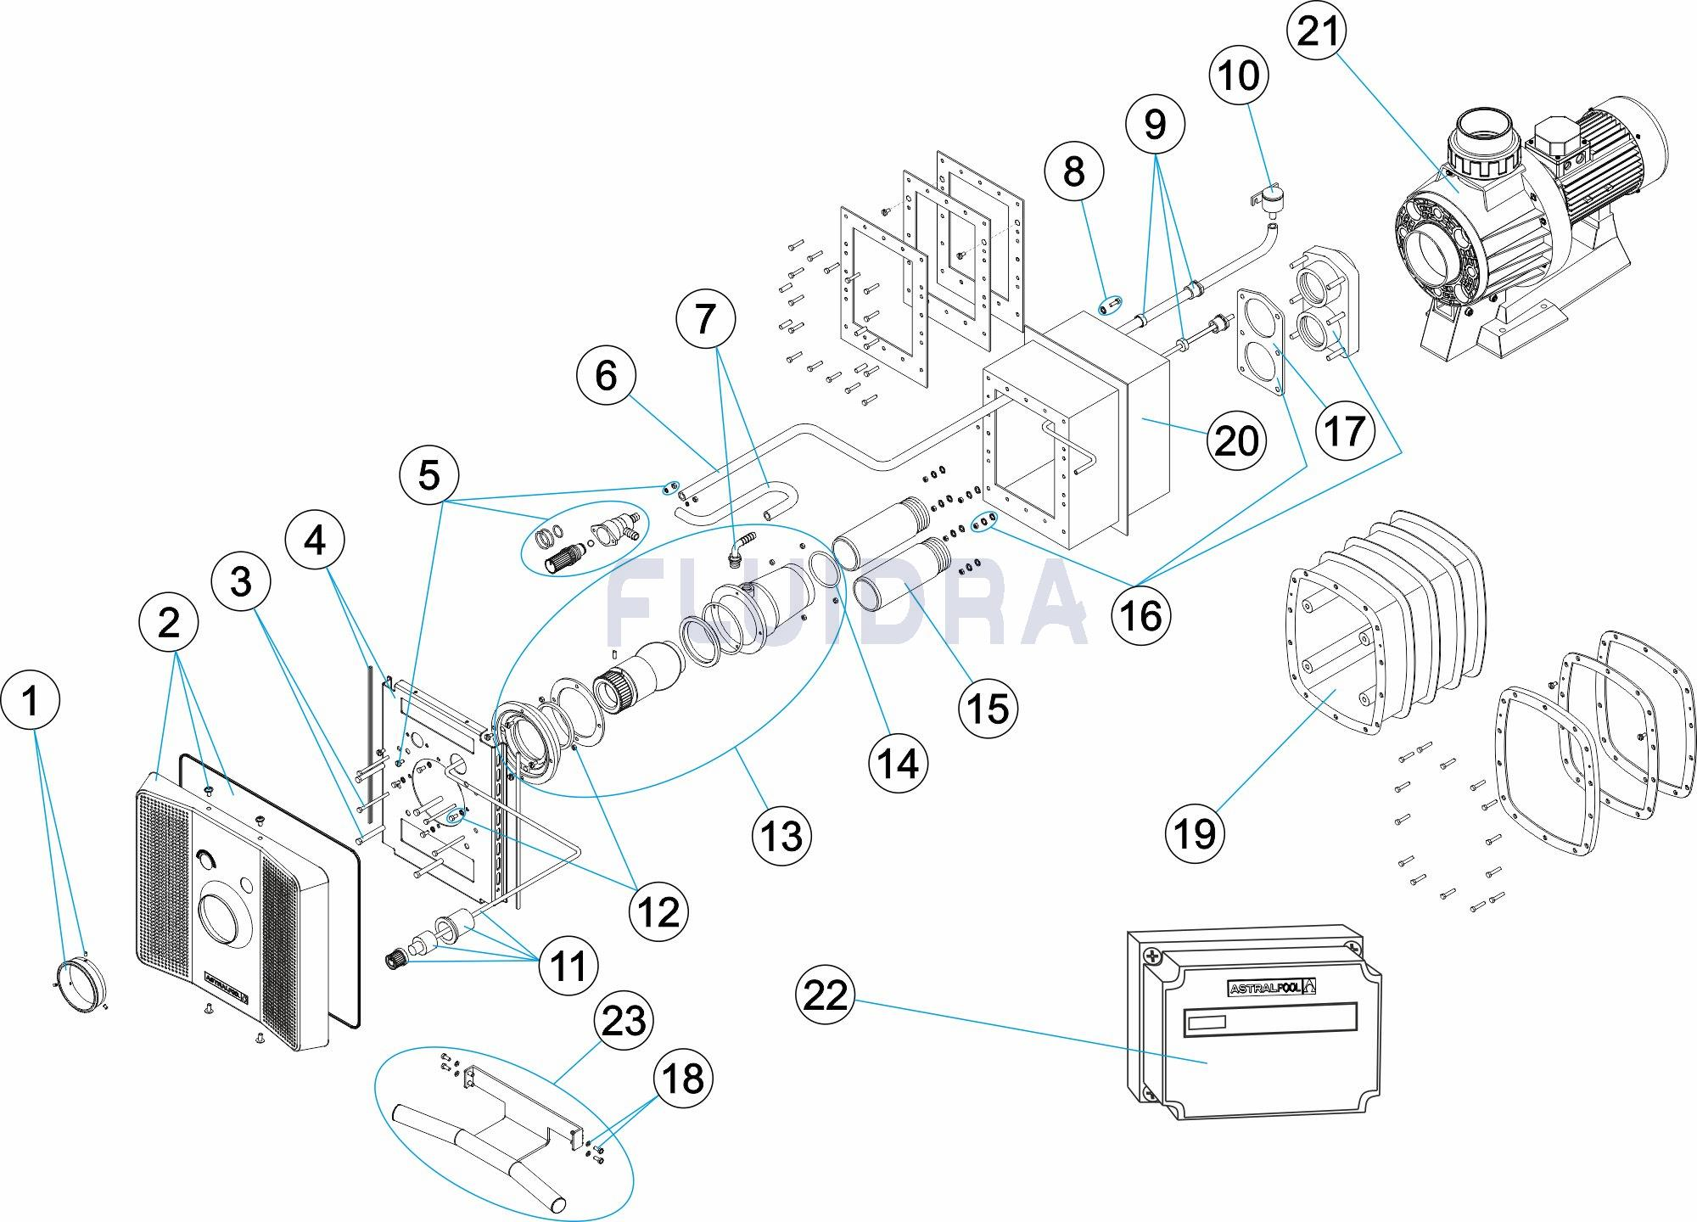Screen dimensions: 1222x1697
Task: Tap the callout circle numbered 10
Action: tap(1239, 76)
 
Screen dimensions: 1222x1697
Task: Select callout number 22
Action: tap(826, 994)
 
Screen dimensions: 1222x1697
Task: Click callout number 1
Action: tap(31, 703)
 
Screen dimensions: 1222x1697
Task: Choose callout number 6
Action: tap(606, 376)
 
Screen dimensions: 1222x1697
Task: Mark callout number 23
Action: tap(624, 1021)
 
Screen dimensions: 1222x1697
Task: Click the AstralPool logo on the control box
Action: tap(1273, 988)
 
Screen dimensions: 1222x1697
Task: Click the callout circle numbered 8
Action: tap(1074, 171)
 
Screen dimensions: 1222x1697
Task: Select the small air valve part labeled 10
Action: tap(1269, 204)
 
